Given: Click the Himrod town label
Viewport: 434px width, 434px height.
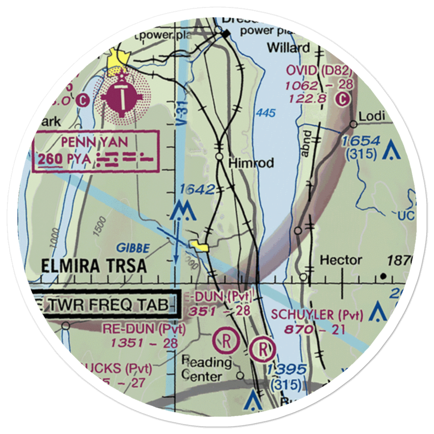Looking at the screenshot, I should point(251,163).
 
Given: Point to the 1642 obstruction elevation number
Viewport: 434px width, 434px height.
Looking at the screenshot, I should point(197,189).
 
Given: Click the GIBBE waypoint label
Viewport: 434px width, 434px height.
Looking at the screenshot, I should point(133,248).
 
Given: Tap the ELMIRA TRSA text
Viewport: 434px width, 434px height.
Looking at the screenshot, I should point(94,266).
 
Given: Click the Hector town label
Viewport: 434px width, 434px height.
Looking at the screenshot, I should point(341,260).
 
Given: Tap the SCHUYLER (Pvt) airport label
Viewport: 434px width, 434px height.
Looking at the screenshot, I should point(316,315).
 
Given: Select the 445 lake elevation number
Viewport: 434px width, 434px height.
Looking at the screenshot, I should point(265,113).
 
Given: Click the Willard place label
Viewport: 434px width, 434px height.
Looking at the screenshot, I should point(289,47).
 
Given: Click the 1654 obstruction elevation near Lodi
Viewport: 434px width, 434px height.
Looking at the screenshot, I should point(361,141).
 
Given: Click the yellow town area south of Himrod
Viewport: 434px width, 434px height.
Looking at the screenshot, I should point(200,247).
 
